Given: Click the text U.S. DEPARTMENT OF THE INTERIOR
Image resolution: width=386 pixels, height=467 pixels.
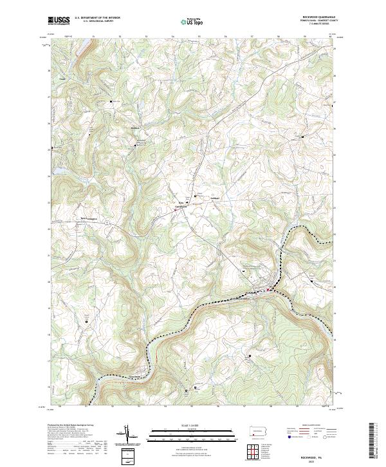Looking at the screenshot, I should [97, 17].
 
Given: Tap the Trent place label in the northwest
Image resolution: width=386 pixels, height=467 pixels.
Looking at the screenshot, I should [62, 79].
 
